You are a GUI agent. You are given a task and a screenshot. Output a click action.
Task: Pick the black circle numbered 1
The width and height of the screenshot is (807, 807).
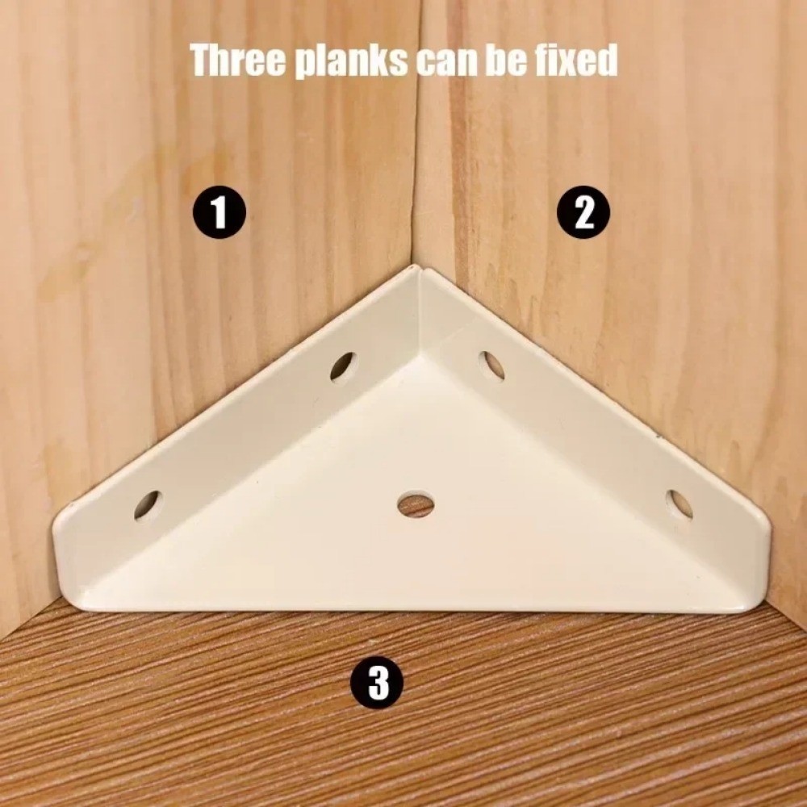[x=220, y=212]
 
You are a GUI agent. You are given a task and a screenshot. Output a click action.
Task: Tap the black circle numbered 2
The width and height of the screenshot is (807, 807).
[x=584, y=212]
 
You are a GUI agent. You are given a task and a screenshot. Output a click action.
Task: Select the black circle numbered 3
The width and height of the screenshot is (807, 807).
[x=377, y=683]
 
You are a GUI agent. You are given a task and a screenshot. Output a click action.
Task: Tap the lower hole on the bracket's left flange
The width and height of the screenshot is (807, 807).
[x=148, y=505]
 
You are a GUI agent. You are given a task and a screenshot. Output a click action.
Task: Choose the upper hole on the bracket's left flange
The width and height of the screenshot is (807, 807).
[x=343, y=366]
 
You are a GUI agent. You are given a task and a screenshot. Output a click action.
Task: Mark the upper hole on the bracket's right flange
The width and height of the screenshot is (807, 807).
[x=491, y=365]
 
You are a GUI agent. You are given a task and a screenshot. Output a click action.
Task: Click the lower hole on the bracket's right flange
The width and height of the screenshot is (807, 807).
[x=679, y=504]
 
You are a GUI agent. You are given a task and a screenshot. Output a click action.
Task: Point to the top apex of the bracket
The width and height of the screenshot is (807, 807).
[x=414, y=268]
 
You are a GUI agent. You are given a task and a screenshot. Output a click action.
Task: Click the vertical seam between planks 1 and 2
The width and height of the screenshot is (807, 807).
[x=416, y=134]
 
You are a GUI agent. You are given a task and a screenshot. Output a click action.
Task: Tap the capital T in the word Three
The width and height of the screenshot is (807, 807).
[x=201, y=61]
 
